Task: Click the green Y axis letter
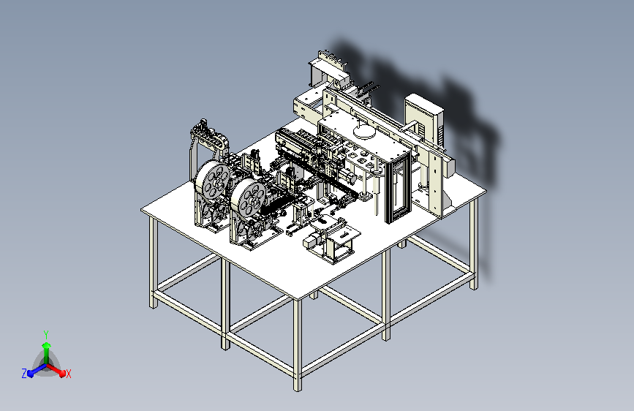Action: pos(46,335)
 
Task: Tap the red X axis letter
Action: pos(68,374)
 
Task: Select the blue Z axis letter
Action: pos(24,374)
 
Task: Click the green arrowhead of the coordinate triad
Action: pos(47,345)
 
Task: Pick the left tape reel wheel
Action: pos(212,181)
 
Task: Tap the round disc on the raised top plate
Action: pos(363,132)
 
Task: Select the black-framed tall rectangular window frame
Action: pos(399,187)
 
